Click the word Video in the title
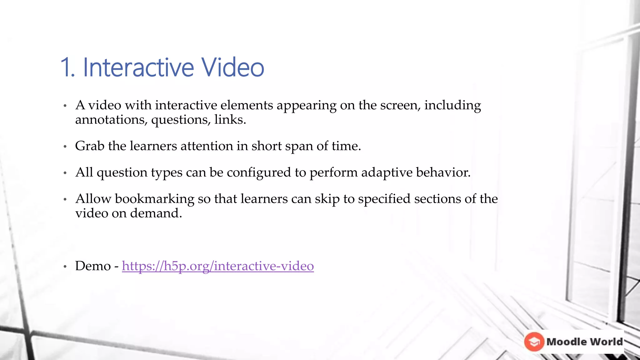[x=232, y=67]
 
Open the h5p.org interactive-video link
[x=218, y=266]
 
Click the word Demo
[x=93, y=266]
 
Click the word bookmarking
[x=154, y=199]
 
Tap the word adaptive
[x=387, y=172]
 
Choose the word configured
[x=259, y=172]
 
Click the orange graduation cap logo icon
[x=534, y=342]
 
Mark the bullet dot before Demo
[x=65, y=267]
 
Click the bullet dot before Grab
[x=65, y=146]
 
